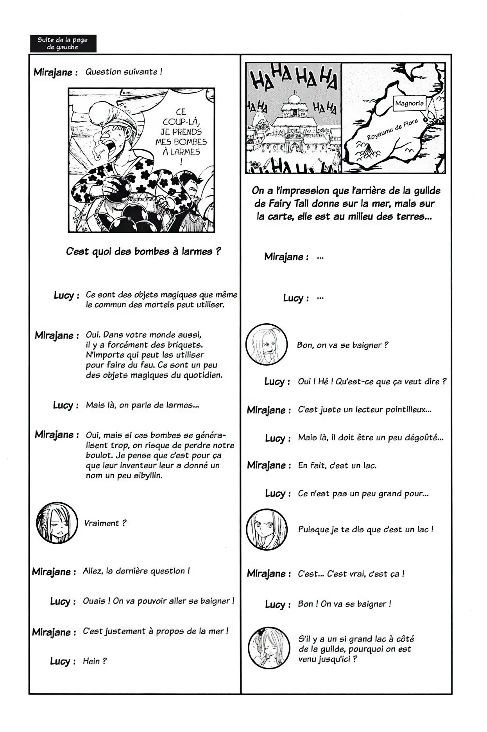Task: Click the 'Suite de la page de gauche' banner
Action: click(x=63, y=43)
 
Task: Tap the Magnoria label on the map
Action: click(x=409, y=104)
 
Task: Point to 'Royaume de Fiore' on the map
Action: click(x=392, y=130)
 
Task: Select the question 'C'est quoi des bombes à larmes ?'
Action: click(x=143, y=252)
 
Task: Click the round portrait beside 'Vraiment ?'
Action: click(x=57, y=523)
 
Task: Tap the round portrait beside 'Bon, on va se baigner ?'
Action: click(x=266, y=344)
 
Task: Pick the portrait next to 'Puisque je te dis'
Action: click(x=267, y=529)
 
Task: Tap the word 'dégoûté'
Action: click(x=424, y=438)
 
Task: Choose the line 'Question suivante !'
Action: click(x=124, y=72)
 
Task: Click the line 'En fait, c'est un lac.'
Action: click(x=337, y=465)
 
